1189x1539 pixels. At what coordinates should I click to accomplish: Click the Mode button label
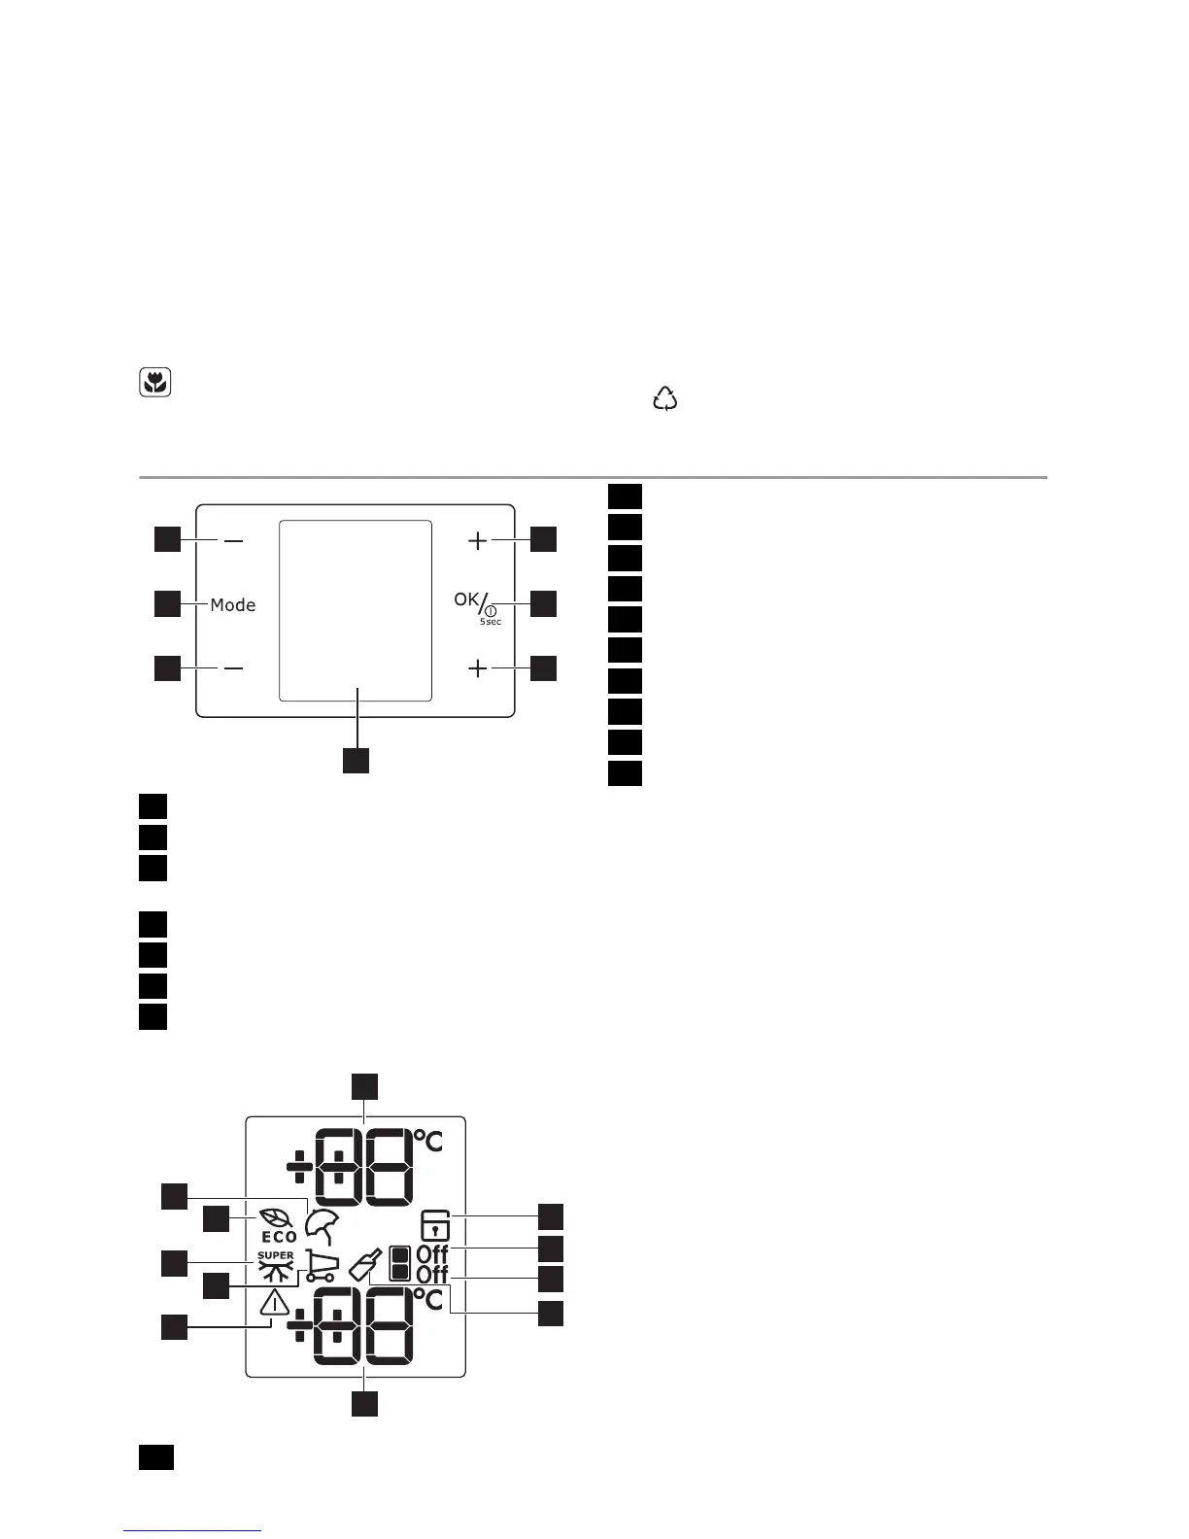pyautogui.click(x=233, y=605)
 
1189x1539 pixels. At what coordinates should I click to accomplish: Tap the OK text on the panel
pyautogui.click(x=466, y=599)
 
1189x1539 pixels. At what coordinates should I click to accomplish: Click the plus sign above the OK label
pyautogui.click(x=478, y=540)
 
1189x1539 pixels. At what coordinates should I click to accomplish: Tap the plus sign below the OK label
pyautogui.click(x=478, y=668)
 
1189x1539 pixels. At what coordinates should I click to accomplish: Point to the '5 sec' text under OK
pyautogui.click(x=491, y=622)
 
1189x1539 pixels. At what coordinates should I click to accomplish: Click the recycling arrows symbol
pyautogui.click(x=665, y=398)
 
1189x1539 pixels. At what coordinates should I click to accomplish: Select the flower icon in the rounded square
pyautogui.click(x=153, y=383)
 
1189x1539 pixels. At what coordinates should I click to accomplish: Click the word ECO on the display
pyautogui.click(x=279, y=1237)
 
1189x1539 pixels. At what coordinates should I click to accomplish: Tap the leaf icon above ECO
pyautogui.click(x=273, y=1217)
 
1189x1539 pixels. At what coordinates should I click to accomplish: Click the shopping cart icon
pyautogui.click(x=322, y=1265)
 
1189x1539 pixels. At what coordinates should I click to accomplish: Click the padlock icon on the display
pyautogui.click(x=435, y=1224)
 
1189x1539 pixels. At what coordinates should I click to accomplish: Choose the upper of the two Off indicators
pyautogui.click(x=432, y=1254)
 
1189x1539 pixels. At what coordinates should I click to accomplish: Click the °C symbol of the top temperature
pyautogui.click(x=428, y=1140)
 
